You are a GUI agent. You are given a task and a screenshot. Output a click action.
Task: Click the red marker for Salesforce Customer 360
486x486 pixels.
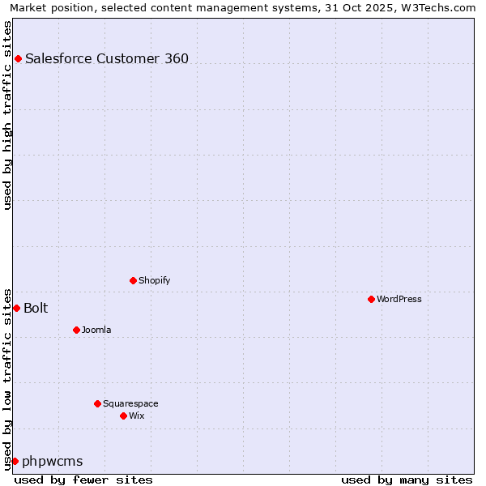tap(18, 58)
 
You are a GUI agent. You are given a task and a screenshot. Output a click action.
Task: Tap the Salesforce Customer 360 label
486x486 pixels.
tap(107, 58)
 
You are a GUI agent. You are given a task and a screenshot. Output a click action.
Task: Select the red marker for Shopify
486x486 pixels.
tap(134, 280)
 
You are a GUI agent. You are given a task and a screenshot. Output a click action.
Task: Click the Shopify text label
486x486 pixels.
tap(154, 280)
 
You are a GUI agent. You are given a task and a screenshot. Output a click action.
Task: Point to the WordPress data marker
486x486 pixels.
tap(372, 299)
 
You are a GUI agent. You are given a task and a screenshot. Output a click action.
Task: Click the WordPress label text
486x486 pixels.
tap(399, 299)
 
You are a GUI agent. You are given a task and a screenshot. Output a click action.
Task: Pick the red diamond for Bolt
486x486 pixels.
tap(16, 308)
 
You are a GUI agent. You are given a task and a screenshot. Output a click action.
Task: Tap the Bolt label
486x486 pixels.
tap(36, 308)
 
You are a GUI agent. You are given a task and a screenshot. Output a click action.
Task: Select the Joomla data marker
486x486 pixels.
tap(77, 330)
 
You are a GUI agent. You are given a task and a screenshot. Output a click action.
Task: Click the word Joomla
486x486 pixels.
tap(96, 330)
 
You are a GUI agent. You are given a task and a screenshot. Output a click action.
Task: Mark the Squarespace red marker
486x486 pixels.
tap(98, 403)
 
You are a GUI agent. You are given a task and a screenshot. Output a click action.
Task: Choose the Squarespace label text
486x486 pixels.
tap(130, 403)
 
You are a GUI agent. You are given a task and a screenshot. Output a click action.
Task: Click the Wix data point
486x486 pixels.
tap(124, 416)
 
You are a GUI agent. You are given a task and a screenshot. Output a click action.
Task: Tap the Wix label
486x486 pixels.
tap(136, 416)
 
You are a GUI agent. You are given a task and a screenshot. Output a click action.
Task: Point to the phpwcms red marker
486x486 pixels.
tap(15, 461)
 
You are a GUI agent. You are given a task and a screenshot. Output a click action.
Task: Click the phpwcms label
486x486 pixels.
tap(53, 461)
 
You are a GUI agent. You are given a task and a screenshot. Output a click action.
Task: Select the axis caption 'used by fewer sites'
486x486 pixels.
tap(83, 480)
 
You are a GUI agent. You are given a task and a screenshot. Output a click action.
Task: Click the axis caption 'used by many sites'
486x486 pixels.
tap(407, 480)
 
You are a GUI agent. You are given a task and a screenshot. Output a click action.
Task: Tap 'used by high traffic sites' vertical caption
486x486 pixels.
tap(8, 115)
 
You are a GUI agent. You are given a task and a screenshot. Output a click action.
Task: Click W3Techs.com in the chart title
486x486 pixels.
tap(438, 7)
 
